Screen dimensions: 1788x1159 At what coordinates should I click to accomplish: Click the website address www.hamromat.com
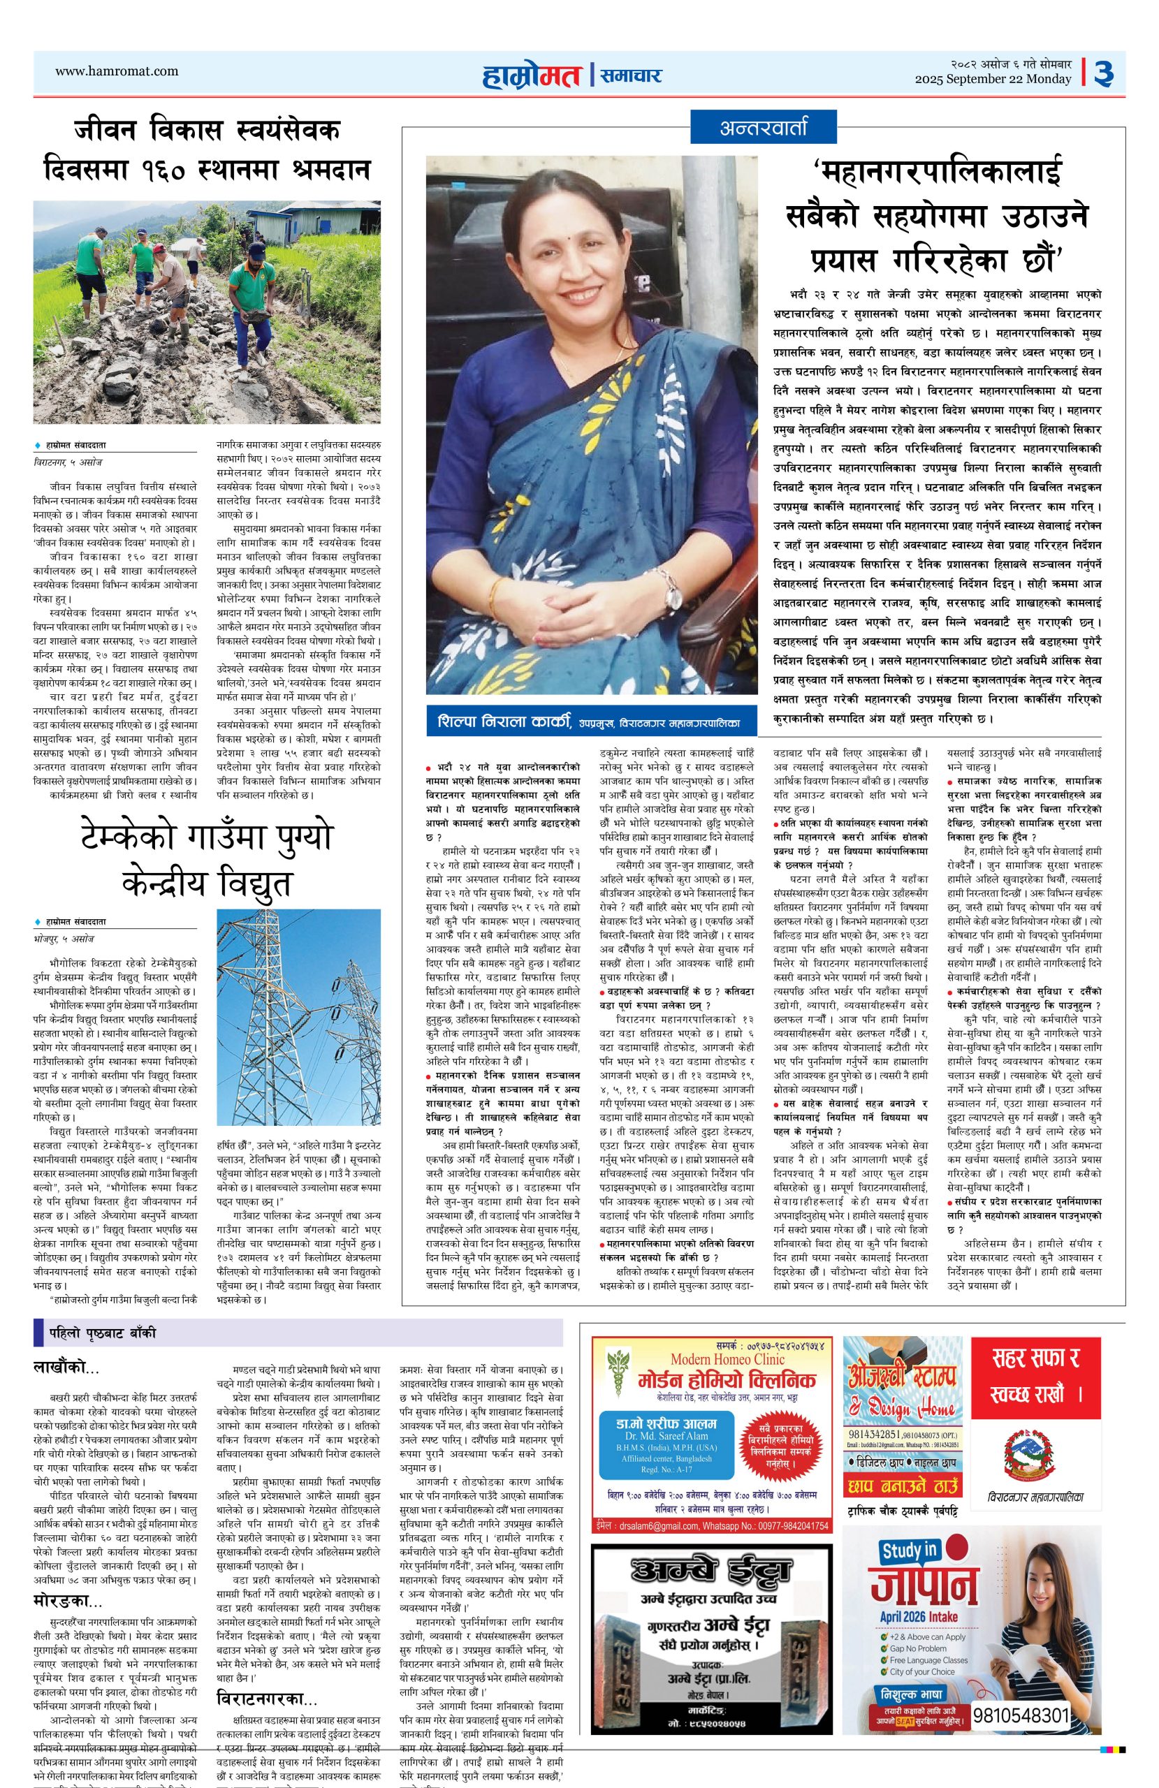click(117, 71)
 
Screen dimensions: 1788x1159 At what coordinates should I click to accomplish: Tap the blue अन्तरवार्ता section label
click(764, 128)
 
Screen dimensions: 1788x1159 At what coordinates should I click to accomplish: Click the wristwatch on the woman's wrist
click(672, 577)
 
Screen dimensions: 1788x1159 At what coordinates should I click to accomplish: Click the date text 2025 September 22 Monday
click(992, 80)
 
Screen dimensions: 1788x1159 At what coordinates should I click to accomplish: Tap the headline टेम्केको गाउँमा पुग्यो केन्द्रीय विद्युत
click(206, 860)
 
